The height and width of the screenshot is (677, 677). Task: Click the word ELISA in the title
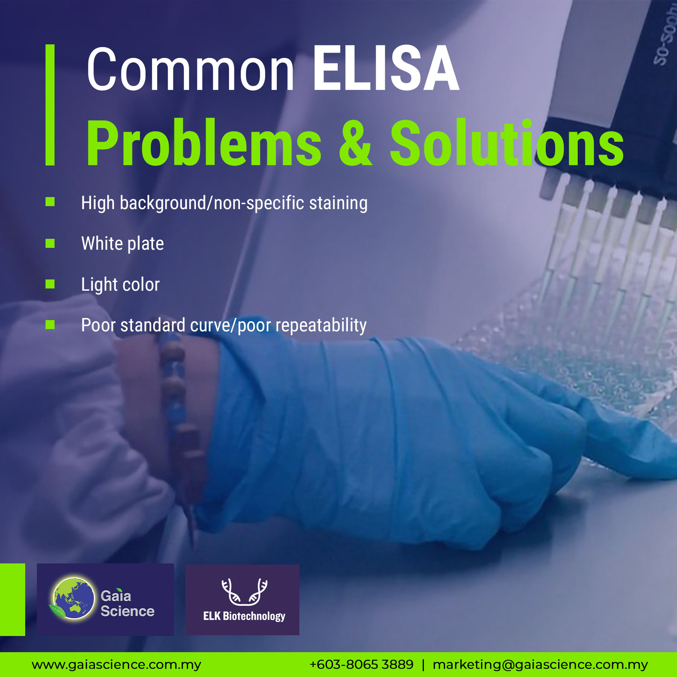[x=386, y=68]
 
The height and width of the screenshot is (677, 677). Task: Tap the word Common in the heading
[x=190, y=69]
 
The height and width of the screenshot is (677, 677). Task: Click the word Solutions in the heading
[x=507, y=142]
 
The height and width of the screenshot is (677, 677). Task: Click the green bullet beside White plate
[x=50, y=243]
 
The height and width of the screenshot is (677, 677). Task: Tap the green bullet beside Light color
[x=50, y=284]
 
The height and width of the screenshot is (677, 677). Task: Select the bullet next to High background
[x=50, y=202]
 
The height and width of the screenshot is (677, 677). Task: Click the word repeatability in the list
[x=321, y=326]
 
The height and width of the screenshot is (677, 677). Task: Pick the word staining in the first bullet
[x=338, y=203]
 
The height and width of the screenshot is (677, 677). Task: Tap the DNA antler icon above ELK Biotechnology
[x=244, y=592]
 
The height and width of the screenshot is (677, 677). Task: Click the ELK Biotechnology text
[x=244, y=616]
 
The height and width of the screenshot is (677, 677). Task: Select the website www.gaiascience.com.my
[x=116, y=665]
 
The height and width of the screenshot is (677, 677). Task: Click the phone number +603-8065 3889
[x=361, y=664]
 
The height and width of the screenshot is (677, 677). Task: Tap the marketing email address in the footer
[x=540, y=665]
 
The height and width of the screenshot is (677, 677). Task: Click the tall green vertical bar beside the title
[x=50, y=105]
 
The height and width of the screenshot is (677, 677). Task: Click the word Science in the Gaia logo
[x=128, y=611]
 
